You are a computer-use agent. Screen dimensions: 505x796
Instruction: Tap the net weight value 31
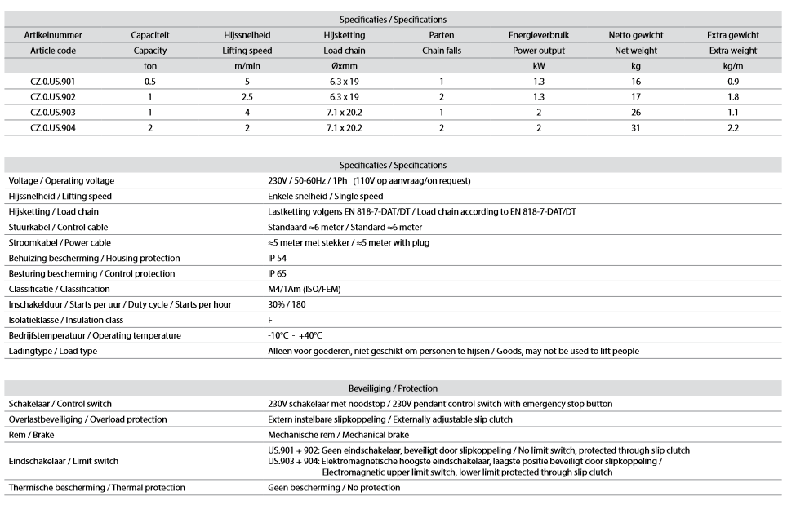point(635,128)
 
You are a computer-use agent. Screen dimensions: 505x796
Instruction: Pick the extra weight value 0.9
point(733,82)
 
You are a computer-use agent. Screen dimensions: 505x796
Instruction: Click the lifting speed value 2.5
point(247,97)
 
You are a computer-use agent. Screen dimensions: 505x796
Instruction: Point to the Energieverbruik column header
point(538,35)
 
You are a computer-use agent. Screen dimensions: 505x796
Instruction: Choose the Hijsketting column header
point(345,35)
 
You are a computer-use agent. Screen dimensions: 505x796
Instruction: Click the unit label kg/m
point(733,66)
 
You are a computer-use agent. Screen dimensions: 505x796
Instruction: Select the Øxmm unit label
point(345,66)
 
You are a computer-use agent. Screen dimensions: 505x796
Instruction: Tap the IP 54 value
point(278,258)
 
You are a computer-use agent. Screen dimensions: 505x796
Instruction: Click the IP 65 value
point(278,273)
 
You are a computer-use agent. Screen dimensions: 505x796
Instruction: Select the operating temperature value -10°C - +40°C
point(295,335)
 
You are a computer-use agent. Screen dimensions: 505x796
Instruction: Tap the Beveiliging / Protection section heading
point(393,388)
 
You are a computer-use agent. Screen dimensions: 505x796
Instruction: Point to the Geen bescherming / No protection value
point(334,487)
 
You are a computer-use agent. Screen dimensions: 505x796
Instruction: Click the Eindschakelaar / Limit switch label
point(63,461)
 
